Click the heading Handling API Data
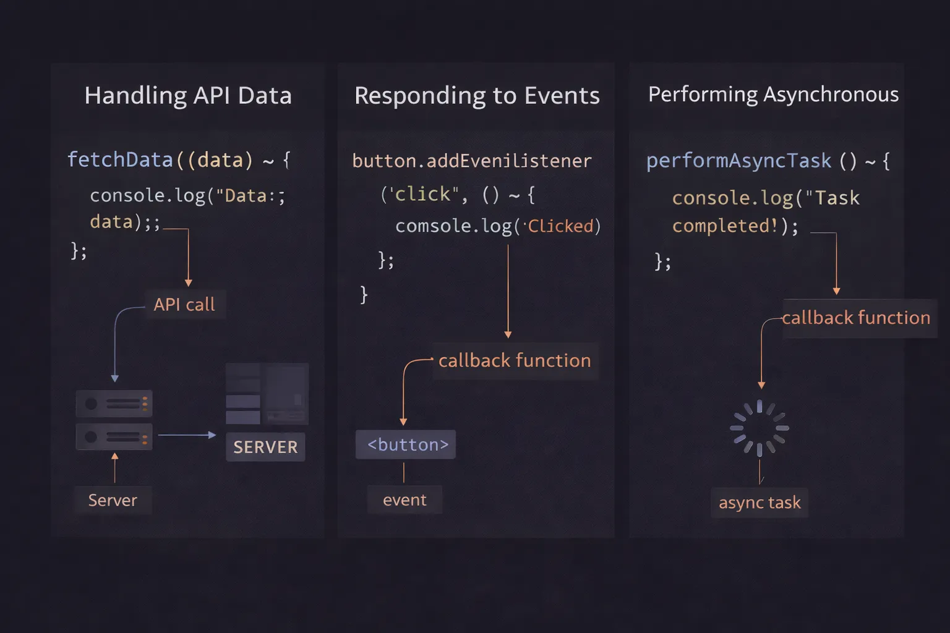click(188, 96)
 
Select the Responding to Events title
click(477, 96)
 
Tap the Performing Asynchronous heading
click(773, 95)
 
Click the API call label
click(184, 305)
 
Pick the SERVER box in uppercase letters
click(265, 447)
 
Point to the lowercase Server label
click(113, 500)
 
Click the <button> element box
click(406, 444)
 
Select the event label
click(404, 500)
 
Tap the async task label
click(760, 503)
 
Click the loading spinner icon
click(760, 428)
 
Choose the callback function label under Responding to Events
click(515, 360)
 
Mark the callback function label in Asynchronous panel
click(856, 318)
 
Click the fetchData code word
click(120, 160)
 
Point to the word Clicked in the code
click(560, 226)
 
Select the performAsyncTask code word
click(738, 161)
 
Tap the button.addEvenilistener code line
click(472, 161)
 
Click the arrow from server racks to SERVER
click(187, 435)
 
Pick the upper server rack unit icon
click(114, 404)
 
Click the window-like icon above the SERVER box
click(267, 393)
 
